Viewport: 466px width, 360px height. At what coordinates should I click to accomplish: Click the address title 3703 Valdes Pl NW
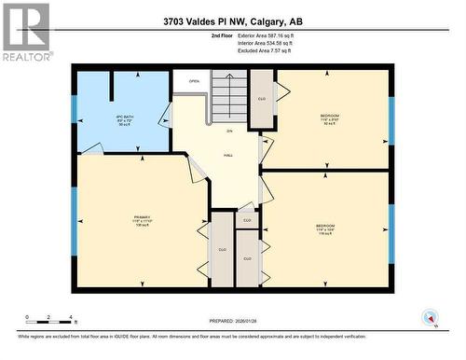pos(232,21)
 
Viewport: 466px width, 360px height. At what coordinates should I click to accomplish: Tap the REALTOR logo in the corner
pos(25,32)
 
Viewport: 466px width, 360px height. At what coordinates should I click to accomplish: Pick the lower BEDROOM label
pos(325,228)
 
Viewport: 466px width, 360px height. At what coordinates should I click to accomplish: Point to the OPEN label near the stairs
pos(194,81)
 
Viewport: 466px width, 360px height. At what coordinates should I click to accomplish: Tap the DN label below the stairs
pos(229,131)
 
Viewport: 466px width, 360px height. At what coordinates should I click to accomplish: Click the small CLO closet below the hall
pos(247,220)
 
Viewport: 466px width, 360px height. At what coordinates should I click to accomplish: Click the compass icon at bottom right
pos(430,316)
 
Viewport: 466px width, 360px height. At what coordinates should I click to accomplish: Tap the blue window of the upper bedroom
pos(391,119)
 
